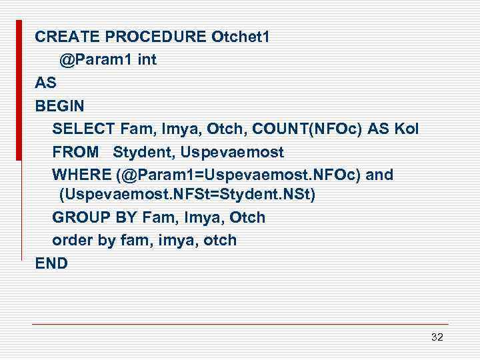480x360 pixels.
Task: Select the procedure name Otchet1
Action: pos(240,37)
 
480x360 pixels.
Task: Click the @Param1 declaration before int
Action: pos(95,59)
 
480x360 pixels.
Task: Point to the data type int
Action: pos(147,59)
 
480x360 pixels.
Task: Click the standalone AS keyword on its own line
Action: pos(45,83)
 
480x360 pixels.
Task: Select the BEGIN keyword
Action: pos(60,105)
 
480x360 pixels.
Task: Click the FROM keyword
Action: pos(75,152)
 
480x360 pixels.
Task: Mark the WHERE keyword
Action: pos(81,175)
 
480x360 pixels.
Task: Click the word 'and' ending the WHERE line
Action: pos(379,175)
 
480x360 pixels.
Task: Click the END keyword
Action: pos(51,263)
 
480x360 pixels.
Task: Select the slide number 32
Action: pos(437,337)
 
